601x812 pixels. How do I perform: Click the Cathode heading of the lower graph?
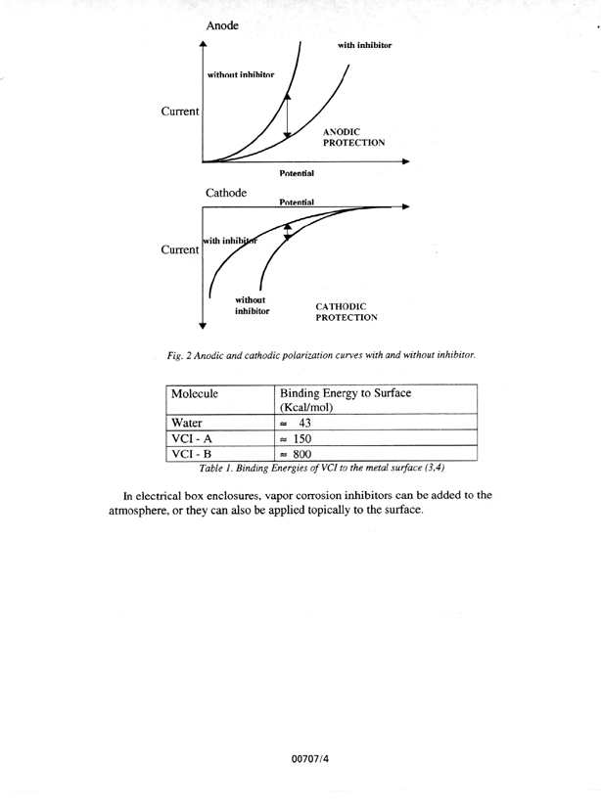(x=227, y=193)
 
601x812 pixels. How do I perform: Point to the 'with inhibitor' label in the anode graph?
(x=365, y=46)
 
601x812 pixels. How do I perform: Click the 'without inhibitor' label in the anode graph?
(x=241, y=75)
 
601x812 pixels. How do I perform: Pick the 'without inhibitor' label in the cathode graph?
(x=252, y=305)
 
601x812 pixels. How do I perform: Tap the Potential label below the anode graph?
(x=297, y=174)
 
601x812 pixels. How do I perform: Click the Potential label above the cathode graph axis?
(x=297, y=202)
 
